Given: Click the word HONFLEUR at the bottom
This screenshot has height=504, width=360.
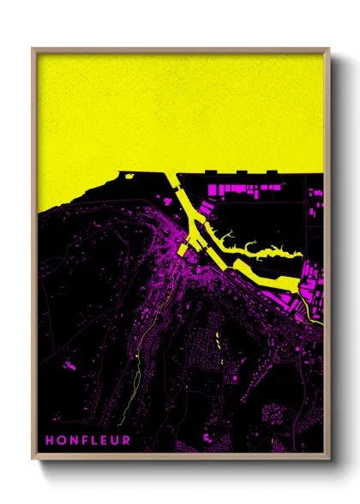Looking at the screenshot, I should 88,441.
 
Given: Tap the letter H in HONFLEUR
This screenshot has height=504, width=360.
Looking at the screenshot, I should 51,441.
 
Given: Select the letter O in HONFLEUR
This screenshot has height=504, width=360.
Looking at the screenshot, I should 62,441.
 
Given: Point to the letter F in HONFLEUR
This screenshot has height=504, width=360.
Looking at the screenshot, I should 84,441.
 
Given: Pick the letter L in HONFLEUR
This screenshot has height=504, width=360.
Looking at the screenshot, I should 94,441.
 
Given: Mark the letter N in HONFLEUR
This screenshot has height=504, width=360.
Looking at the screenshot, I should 74,441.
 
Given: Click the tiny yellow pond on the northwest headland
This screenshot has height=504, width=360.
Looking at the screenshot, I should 129,177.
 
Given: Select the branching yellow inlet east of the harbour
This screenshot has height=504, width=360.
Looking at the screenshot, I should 257,252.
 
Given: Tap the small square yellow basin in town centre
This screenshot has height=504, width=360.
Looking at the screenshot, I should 183,249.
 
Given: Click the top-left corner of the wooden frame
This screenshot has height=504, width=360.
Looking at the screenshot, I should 33,49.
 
